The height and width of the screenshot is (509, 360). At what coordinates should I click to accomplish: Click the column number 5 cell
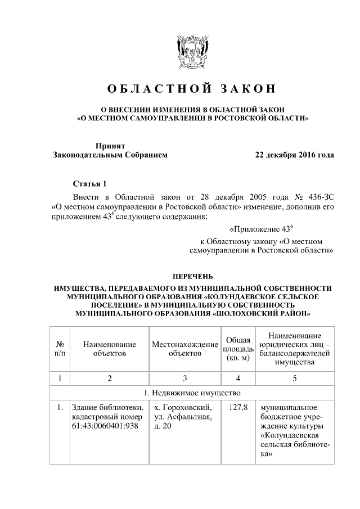[294, 377]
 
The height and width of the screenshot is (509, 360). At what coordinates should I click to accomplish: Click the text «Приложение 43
[260, 229]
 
